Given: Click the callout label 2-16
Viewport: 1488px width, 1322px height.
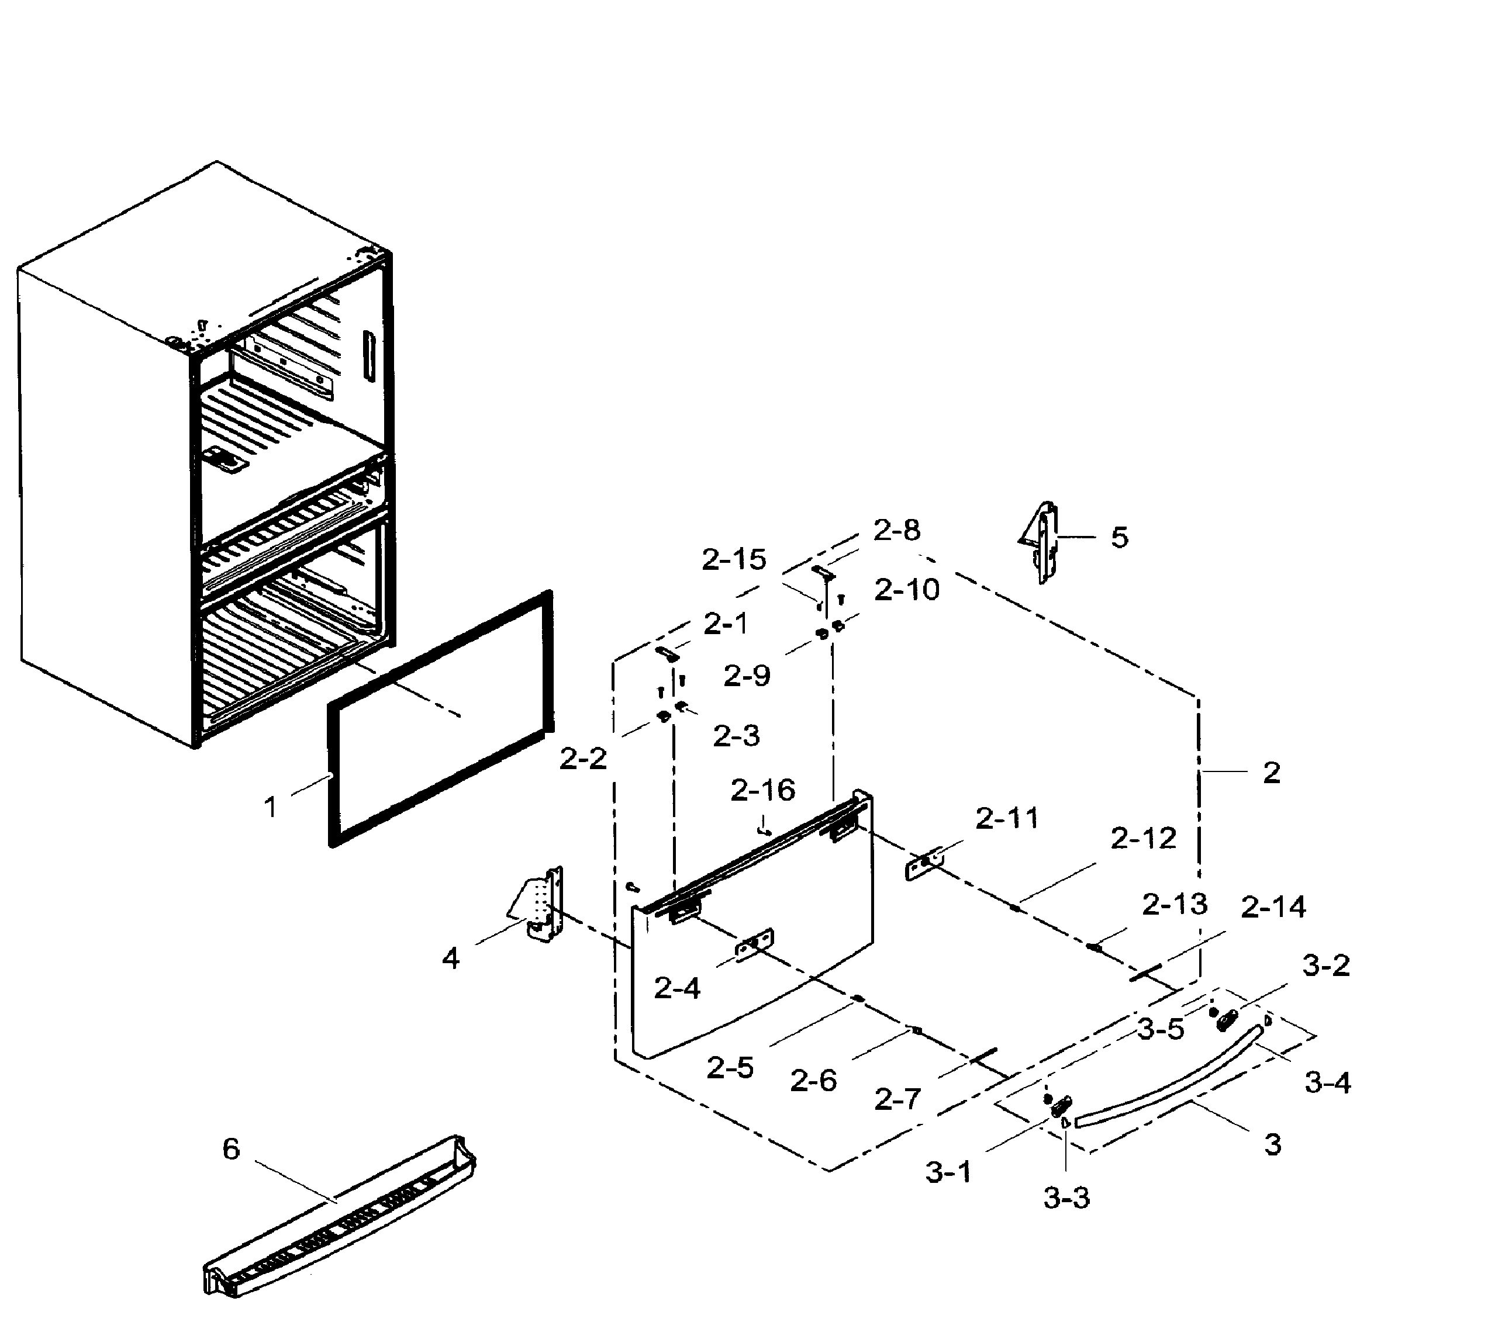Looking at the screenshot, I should (x=762, y=790).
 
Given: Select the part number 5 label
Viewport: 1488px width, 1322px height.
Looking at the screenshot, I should (x=1119, y=538).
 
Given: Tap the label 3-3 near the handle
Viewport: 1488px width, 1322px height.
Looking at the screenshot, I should (x=1066, y=1198).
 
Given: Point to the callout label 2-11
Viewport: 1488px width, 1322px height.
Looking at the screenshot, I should (x=1007, y=819).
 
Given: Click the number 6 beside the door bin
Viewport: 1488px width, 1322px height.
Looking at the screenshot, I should (x=231, y=1150).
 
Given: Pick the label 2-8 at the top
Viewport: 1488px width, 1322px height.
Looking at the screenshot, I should (x=896, y=531).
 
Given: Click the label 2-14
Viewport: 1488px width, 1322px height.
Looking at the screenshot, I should (x=1273, y=906).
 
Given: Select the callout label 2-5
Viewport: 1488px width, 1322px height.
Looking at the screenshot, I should (x=730, y=1068).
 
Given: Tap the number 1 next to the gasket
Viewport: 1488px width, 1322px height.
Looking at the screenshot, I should (x=270, y=807).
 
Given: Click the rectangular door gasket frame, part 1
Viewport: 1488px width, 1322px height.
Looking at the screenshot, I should (x=332, y=771).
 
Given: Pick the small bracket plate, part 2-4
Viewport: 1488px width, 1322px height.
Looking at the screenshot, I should (x=754, y=944).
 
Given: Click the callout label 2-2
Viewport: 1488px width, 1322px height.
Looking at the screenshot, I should (x=582, y=760).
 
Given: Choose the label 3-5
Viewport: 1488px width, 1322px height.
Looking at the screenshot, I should (x=1161, y=1030).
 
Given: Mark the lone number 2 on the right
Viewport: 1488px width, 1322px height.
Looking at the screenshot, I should (x=1271, y=773).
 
